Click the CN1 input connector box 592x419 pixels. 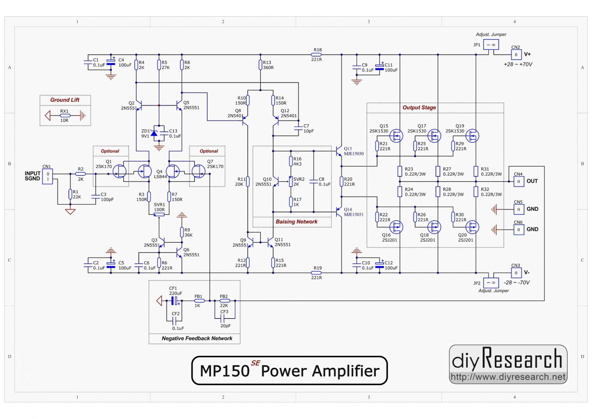[47, 177]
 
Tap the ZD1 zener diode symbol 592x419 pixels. [154, 133]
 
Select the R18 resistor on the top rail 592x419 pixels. [316, 55]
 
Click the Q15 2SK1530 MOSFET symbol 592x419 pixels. [396, 136]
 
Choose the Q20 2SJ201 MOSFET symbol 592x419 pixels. [472, 227]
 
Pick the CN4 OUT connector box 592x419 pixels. [519, 181]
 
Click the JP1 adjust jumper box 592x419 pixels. [491, 45]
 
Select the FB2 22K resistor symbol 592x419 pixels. [225, 301]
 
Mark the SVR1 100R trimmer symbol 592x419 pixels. [159, 214]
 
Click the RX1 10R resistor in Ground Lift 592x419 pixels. [65, 116]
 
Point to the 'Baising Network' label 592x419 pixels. [296, 222]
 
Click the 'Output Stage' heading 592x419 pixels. [419, 108]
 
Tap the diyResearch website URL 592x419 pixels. [508, 377]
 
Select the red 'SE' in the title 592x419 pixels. [255, 363]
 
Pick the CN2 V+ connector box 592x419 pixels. [516, 55]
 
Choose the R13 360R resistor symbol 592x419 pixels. [260, 65]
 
